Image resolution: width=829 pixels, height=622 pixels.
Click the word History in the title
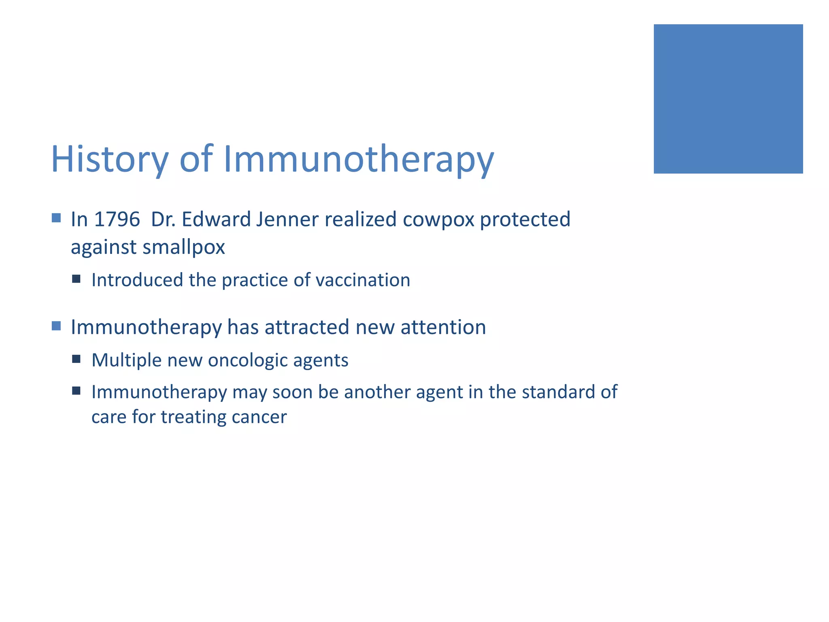coord(109,159)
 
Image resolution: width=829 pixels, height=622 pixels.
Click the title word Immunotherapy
coord(359,159)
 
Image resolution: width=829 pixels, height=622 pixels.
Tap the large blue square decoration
coord(728,99)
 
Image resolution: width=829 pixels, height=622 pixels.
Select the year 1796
coord(117,219)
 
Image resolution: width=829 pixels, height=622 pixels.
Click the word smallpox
coord(184,247)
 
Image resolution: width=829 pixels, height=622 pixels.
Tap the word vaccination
coord(363,280)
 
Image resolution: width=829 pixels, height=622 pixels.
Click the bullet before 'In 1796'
coord(56,218)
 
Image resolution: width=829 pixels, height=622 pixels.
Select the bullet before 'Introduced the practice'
coord(76,279)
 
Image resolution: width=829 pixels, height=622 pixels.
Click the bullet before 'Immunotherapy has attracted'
coord(56,326)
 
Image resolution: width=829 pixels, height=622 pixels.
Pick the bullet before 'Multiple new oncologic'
coord(76,359)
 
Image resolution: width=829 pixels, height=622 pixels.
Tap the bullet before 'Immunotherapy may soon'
coord(76,391)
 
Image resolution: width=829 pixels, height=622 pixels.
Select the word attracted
coord(307,327)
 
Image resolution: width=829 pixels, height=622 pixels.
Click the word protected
coord(525,219)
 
